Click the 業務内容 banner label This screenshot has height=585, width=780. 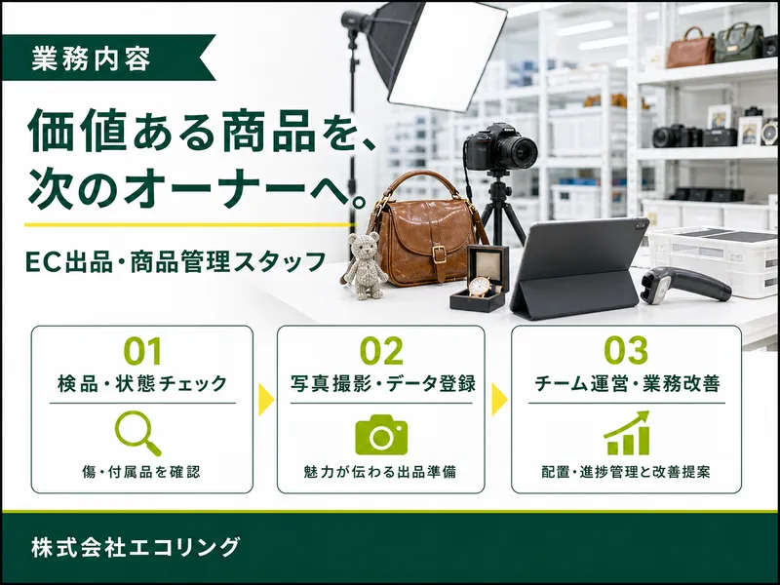coord(91,58)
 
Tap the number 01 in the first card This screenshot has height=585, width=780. coord(142,351)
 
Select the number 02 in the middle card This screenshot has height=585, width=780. coord(381,351)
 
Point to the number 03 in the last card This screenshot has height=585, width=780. coord(626,350)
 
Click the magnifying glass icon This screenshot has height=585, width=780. coord(137,433)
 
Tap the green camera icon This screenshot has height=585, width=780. coord(381,434)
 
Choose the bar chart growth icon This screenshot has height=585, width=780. coord(627,433)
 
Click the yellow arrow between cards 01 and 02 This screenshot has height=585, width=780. coord(266,400)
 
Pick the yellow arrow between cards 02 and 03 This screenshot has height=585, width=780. coord(499,400)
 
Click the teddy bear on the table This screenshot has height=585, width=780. coord(365,266)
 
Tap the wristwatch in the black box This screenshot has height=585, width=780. coord(480,287)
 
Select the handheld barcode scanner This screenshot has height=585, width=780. coord(684,284)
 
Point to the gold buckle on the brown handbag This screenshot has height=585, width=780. coord(439,254)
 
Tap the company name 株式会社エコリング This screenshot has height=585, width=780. coord(136,546)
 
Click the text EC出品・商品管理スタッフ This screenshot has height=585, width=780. coord(175,261)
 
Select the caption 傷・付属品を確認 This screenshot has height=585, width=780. coord(141,472)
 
